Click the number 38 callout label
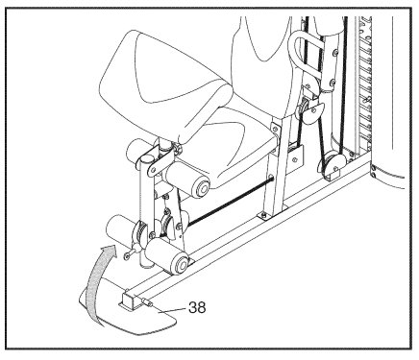(197, 307)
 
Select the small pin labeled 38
(147, 301)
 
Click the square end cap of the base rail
(128, 300)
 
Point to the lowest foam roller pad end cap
(180, 264)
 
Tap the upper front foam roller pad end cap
(201, 187)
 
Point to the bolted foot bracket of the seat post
(272, 213)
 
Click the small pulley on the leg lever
(167, 225)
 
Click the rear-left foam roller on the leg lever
(119, 228)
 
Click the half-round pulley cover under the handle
(311, 113)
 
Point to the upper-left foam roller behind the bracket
(138, 150)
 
